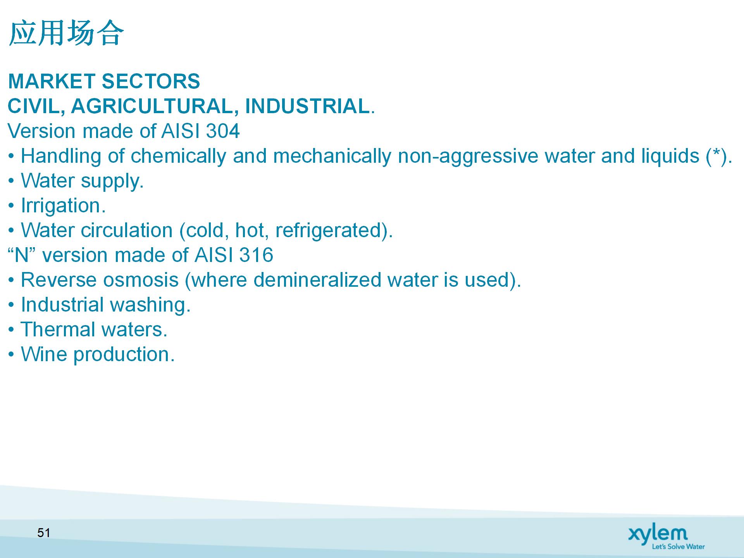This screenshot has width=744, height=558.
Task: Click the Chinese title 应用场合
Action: coord(66,33)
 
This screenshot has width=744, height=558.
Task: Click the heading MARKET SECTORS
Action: coord(104,81)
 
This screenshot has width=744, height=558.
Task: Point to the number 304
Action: coord(223,131)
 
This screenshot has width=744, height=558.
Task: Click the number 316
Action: coord(256,255)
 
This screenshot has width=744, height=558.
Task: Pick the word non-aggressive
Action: coord(468,157)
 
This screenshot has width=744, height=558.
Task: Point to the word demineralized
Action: coord(317,280)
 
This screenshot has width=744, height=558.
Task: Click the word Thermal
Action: coord(58,329)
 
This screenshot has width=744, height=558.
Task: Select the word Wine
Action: coord(44,354)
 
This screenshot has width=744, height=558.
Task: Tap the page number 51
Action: coord(44,533)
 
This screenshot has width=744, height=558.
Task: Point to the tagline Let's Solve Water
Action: coord(678,546)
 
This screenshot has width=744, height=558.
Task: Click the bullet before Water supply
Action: coord(12,181)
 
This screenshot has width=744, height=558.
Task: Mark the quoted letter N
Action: coord(22,255)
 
